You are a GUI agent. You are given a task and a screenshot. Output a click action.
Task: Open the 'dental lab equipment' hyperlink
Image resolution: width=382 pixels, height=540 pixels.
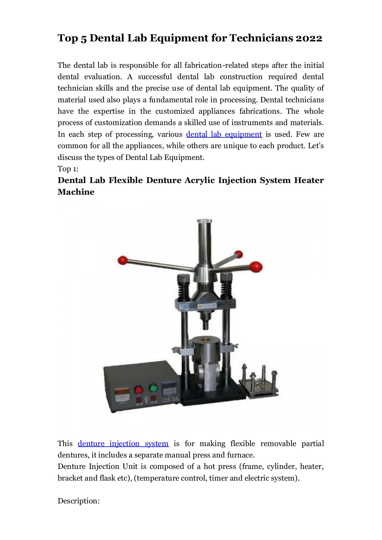click(224, 134)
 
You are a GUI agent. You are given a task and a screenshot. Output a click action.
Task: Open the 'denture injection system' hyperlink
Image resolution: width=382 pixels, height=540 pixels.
click(123, 444)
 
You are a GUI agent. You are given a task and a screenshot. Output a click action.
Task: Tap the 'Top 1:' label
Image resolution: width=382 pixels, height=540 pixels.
click(68, 169)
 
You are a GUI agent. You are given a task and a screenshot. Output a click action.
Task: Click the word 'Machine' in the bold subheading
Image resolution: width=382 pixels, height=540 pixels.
click(76, 192)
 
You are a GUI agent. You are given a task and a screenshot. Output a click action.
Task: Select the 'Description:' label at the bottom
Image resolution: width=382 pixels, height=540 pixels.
click(78, 501)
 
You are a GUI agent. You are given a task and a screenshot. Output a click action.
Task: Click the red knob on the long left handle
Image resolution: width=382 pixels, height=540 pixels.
click(123, 260)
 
